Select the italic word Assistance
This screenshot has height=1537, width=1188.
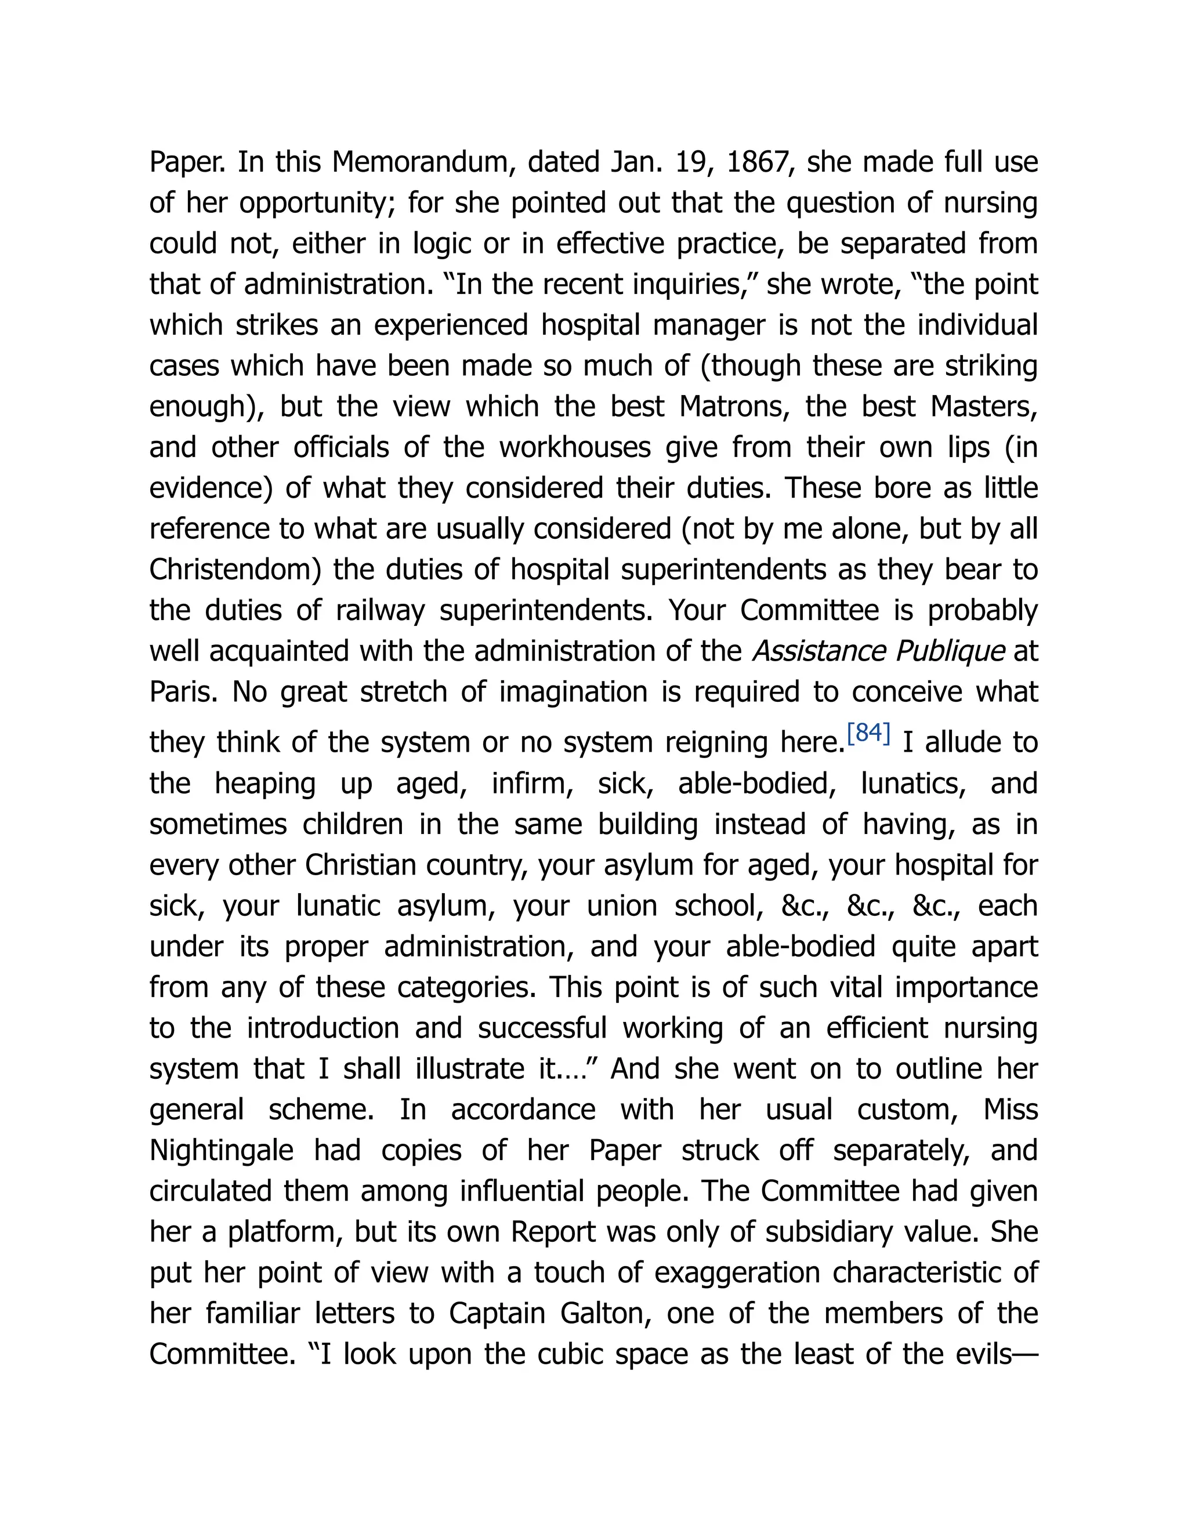pyautogui.click(x=818, y=651)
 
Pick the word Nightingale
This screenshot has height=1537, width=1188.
pyautogui.click(x=222, y=1151)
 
